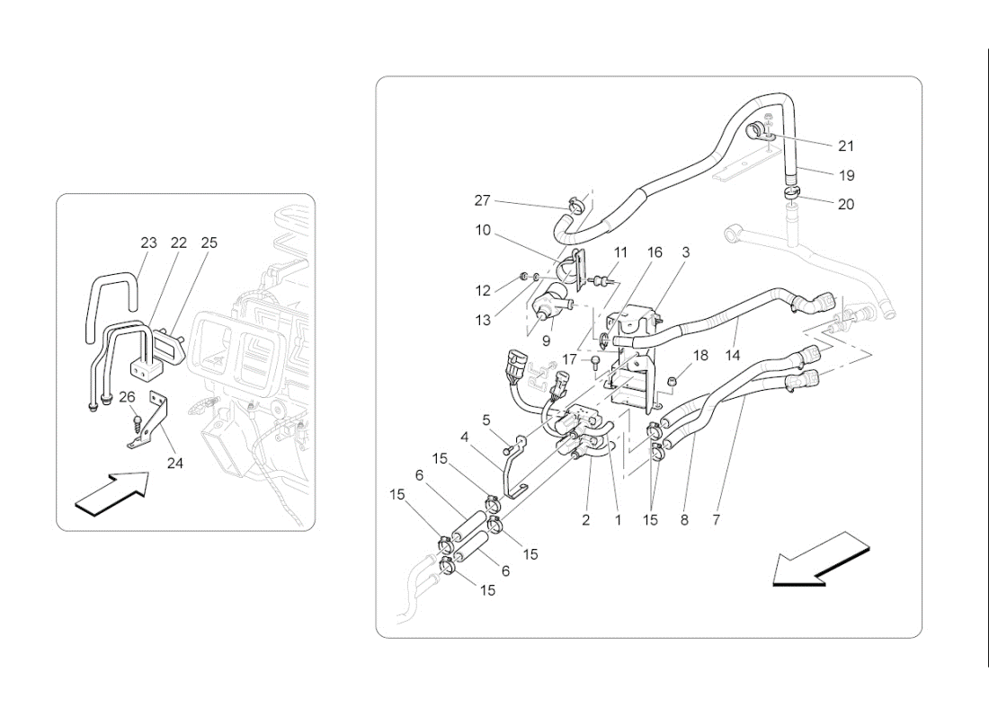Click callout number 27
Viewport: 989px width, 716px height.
pyautogui.click(x=483, y=199)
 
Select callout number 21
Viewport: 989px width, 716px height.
pyautogui.click(x=845, y=146)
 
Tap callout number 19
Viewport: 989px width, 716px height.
pyautogui.click(x=845, y=175)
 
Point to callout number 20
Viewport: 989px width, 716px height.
pyautogui.click(x=845, y=204)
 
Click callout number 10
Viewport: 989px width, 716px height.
pyautogui.click(x=483, y=230)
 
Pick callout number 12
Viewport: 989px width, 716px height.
pyautogui.click(x=483, y=290)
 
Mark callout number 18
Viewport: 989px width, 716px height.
pyautogui.click(x=700, y=355)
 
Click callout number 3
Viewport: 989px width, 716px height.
pyautogui.click(x=685, y=253)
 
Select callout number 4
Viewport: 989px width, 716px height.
pyautogui.click(x=465, y=438)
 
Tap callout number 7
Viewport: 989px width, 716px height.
pyautogui.click(x=716, y=519)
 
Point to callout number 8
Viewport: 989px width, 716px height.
pyautogui.click(x=684, y=519)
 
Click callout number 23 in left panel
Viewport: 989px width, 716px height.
pyautogui.click(x=148, y=243)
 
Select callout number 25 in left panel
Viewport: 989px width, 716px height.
pyautogui.click(x=209, y=243)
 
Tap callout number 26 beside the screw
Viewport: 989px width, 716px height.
pyautogui.click(x=127, y=396)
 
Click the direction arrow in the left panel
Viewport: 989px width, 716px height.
pyautogui.click(x=111, y=493)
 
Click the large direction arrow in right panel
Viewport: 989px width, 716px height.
pyautogui.click(x=819, y=559)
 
